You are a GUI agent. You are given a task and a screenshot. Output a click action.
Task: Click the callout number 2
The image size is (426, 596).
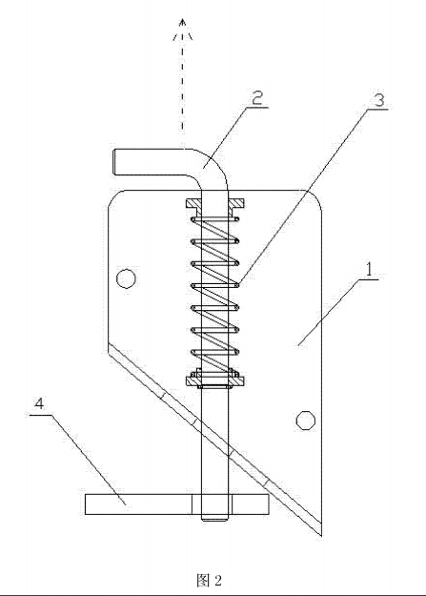point(257,98)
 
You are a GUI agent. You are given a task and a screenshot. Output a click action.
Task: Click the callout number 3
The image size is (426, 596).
point(379,100)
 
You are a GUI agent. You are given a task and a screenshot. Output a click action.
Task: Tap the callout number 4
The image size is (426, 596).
point(39,403)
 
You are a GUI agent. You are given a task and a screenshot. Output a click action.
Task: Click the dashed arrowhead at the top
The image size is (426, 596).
point(183,29)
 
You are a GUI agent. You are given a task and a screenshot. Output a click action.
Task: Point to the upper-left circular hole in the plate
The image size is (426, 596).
point(126,279)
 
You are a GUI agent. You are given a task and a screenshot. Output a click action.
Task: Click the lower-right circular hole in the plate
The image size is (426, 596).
point(306,421)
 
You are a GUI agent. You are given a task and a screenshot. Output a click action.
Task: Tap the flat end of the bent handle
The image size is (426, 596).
point(114,162)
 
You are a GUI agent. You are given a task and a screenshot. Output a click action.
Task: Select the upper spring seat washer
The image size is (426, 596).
point(214,204)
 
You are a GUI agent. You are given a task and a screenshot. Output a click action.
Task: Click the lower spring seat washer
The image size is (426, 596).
point(214,380)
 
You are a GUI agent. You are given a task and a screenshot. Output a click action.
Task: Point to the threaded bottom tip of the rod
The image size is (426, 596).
point(214,517)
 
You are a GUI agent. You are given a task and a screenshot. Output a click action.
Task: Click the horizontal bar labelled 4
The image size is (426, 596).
point(176,504)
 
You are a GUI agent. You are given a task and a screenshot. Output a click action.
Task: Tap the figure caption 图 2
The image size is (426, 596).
point(209,581)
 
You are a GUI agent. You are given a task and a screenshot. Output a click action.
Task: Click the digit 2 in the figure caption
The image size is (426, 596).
point(217,581)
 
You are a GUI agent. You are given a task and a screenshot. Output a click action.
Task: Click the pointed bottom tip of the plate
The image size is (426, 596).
point(321,535)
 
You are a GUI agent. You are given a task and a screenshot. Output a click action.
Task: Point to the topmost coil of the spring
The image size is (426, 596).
point(214,219)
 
